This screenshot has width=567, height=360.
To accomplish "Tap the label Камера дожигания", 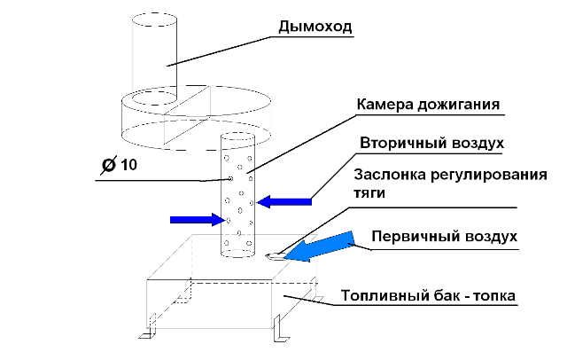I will pos(430,105).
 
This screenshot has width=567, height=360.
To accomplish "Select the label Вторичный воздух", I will pos(432,142).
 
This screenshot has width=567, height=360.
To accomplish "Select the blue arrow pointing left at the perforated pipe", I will pos(283,201).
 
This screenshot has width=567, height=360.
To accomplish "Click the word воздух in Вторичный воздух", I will pos(479,142).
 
